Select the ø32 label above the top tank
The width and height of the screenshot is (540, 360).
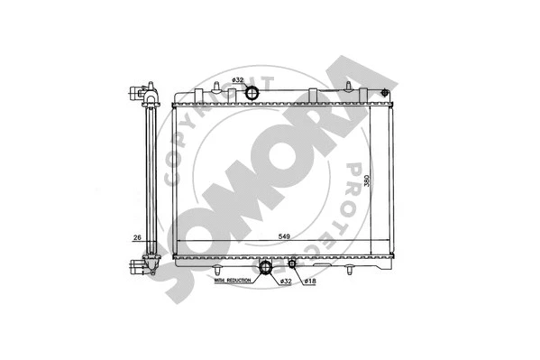click(x=238, y=82)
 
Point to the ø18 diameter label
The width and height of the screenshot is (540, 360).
click(x=307, y=282)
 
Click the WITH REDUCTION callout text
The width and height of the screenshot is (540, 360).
click(x=233, y=282)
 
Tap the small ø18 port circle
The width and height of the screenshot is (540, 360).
click(x=292, y=265)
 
